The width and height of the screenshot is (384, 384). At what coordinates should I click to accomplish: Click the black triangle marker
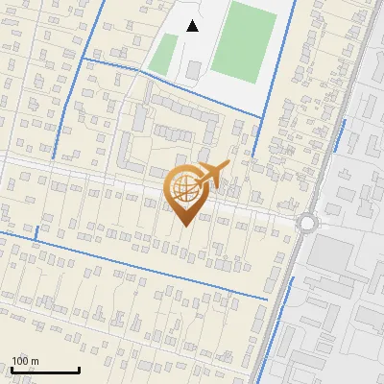pos(193,26)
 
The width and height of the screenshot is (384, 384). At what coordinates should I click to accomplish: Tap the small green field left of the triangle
pos(165,54)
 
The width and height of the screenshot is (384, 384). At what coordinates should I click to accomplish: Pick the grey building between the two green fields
pos(195,70)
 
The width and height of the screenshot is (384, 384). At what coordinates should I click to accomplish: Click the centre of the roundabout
pos(308,224)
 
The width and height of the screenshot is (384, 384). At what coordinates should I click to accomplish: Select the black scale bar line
pos(45,371)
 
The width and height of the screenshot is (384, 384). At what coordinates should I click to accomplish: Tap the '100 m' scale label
pos(25,361)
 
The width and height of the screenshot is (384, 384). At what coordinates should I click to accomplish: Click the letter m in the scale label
pos(35,361)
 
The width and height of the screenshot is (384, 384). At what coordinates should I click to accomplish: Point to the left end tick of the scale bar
pos(12,369)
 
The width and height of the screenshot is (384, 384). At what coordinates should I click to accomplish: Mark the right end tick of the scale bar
pos(79,369)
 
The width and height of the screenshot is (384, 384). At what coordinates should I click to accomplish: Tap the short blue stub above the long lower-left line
pos(36,232)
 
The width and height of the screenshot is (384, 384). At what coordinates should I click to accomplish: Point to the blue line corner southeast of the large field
pos(261,118)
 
